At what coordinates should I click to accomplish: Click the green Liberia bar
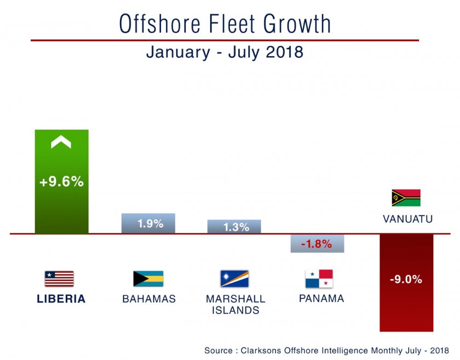coord(61,207)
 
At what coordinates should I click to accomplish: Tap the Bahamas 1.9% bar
coord(148,223)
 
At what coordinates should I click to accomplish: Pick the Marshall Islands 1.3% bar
coord(234,226)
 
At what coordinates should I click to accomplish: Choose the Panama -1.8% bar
coord(317,244)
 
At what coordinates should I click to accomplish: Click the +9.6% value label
coord(61,182)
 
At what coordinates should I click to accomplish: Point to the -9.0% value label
coord(406,279)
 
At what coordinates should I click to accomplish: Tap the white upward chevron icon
coord(61,143)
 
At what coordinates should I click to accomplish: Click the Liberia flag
coord(59,279)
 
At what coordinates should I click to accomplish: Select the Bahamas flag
coord(148,279)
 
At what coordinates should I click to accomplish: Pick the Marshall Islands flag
coord(234,279)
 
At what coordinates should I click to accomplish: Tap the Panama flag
coord(319,279)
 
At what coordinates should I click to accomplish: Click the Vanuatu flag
coord(406,197)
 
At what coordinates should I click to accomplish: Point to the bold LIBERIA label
coord(61,299)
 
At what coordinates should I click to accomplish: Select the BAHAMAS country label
coord(149,299)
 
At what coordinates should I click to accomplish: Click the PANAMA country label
coord(322,298)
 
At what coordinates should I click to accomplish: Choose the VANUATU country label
coord(408,219)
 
